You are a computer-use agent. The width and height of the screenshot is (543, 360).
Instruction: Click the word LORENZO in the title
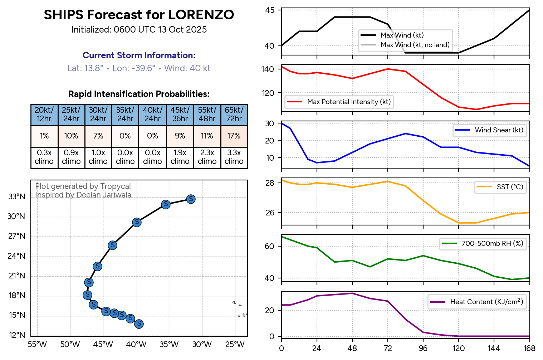coord(201,15)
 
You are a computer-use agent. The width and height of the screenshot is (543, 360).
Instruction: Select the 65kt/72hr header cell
coord(234,115)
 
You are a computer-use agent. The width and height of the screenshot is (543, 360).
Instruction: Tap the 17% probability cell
coord(234,136)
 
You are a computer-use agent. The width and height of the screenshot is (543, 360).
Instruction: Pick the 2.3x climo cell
coord(207,157)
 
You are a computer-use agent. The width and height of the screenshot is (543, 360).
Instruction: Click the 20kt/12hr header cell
coord(44,115)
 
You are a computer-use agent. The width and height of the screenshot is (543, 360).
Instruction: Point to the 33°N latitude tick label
coord(17,197)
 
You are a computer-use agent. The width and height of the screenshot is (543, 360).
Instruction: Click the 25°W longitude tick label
coord(235,345)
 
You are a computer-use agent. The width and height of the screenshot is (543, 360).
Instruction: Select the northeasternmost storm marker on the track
coord(191,199)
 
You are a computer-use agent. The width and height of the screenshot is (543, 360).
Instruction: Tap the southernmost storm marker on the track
coord(139,324)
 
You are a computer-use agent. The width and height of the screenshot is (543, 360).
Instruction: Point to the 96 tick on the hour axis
coord(423,349)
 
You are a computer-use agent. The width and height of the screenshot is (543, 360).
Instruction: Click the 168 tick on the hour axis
coord(529,349)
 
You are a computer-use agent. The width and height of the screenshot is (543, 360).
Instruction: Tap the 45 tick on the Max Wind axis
coord(270,10)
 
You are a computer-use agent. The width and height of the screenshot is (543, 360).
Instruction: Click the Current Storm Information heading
coord(139,55)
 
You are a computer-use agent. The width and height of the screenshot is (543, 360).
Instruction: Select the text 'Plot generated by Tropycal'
coord(83,186)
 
